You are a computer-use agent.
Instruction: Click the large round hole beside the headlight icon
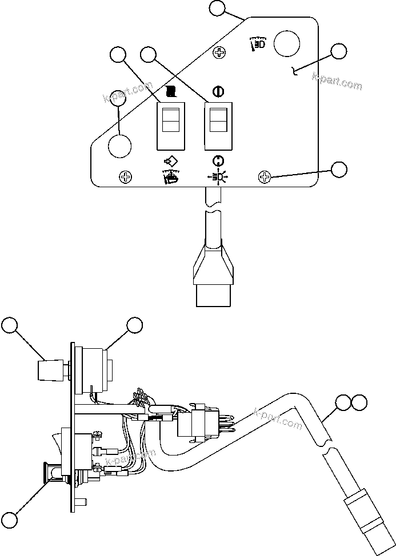point(287,43)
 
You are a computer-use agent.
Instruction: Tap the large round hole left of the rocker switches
point(119,146)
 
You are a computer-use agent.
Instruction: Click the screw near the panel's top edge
point(218,53)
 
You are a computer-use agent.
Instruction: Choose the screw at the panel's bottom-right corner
point(265,177)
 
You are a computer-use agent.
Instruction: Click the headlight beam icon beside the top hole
point(257,43)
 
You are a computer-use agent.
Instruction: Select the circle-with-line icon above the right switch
point(217,91)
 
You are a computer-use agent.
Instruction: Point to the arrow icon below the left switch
point(170,162)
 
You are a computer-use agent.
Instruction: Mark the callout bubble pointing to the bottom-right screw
point(339,169)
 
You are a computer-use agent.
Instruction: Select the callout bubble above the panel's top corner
point(218,7)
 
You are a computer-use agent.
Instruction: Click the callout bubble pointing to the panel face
point(339,50)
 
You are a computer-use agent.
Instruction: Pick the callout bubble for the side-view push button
point(9,520)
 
